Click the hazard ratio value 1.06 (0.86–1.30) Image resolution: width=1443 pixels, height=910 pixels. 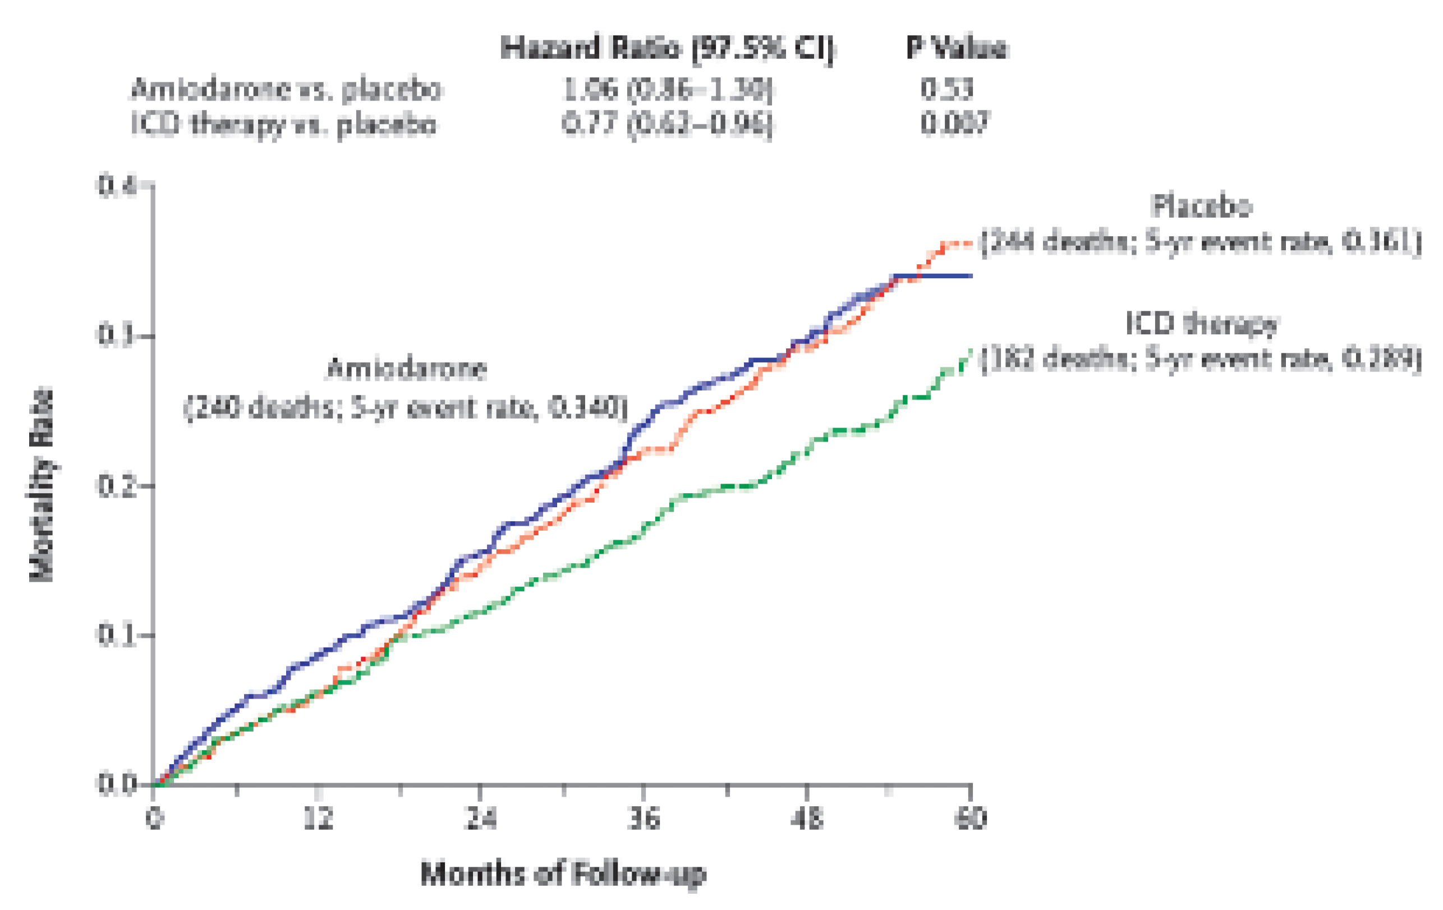click(x=667, y=90)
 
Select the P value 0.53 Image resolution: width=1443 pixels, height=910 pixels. click(x=947, y=90)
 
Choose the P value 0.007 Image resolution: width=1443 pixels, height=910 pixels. click(x=954, y=125)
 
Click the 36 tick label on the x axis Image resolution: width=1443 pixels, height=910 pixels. click(x=644, y=819)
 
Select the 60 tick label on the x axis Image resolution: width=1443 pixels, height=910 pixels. click(x=970, y=819)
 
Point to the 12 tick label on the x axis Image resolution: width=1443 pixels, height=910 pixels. click(x=318, y=819)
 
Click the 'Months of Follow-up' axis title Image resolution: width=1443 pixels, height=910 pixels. click(x=563, y=874)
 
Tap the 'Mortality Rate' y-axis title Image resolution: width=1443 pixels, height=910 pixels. click(x=42, y=485)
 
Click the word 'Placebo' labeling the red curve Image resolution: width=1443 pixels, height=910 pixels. click(x=1202, y=206)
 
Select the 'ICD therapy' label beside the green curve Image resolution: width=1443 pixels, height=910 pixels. click(x=1202, y=324)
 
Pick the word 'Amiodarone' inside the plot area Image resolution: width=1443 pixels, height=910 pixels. click(x=406, y=369)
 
